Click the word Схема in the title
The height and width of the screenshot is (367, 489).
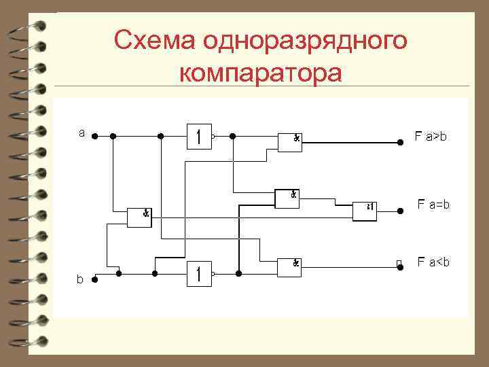[x=151, y=41]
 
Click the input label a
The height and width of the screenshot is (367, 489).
[x=81, y=133]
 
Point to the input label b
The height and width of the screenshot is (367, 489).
[x=80, y=279]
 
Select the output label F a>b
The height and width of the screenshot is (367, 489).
[x=431, y=137]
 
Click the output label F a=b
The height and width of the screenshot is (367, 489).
[x=433, y=204]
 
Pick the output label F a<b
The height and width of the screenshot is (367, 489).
[x=433, y=262]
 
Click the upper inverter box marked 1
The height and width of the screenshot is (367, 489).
[x=198, y=137]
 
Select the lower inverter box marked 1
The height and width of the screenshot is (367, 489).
[x=198, y=274]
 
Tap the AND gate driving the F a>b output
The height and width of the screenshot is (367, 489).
[x=290, y=141]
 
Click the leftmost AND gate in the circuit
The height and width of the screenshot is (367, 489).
[x=139, y=217]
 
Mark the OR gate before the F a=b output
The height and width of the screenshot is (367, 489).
[x=365, y=211]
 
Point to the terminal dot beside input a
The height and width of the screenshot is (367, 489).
[x=95, y=136]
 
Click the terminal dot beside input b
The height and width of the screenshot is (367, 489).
[x=96, y=278]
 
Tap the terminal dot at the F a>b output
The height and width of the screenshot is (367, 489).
[x=400, y=143]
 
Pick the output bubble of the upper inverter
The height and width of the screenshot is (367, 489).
[x=213, y=137]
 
